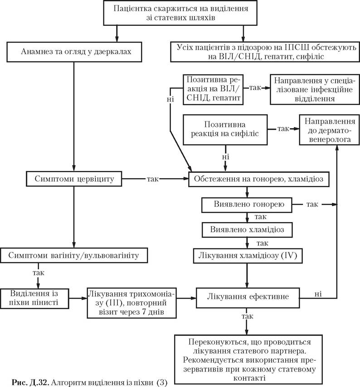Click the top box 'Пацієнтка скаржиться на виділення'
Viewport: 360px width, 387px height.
(180, 13)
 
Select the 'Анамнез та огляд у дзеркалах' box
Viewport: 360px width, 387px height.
(74, 52)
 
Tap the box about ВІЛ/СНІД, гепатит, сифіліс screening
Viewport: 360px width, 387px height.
(265, 52)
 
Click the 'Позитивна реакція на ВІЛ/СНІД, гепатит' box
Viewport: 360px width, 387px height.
(213, 90)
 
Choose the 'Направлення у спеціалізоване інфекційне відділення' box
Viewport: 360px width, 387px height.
(315, 89)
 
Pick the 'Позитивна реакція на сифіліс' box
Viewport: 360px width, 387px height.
(225, 130)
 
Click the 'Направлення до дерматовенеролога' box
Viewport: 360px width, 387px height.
(329, 130)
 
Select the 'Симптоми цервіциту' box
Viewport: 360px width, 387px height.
(74, 179)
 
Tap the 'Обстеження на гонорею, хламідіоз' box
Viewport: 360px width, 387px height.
(259, 179)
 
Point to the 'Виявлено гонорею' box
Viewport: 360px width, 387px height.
(247, 205)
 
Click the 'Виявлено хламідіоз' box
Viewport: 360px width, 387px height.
(247, 230)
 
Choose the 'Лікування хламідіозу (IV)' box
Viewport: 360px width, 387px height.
(248, 256)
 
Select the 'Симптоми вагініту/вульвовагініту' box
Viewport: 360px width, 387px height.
(74, 256)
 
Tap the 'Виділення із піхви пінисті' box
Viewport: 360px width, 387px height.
(34, 298)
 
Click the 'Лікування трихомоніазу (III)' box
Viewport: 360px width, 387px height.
(131, 303)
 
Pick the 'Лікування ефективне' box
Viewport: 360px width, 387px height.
(248, 298)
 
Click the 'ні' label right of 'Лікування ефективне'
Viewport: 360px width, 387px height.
(318, 294)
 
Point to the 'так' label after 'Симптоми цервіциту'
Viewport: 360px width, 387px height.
(153, 179)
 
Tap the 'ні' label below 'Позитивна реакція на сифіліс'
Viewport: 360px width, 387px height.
(225, 157)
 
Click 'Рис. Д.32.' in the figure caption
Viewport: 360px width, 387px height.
(31, 382)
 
